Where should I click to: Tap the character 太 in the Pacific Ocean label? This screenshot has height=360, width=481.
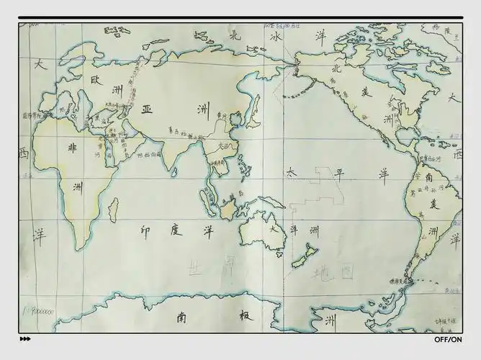pos(291,173)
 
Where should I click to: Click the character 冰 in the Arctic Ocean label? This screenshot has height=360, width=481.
pos(275,36)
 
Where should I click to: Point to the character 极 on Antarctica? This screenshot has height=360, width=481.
pos(244,316)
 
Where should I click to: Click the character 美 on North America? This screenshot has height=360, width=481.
pos(365,92)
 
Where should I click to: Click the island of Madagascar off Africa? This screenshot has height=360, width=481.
pos(112,209)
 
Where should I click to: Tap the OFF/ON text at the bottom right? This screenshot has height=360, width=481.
pos(449,339)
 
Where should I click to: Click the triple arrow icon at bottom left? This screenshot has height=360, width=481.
pos(25,339)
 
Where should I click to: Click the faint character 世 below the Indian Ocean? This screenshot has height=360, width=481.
pos(195,268)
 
